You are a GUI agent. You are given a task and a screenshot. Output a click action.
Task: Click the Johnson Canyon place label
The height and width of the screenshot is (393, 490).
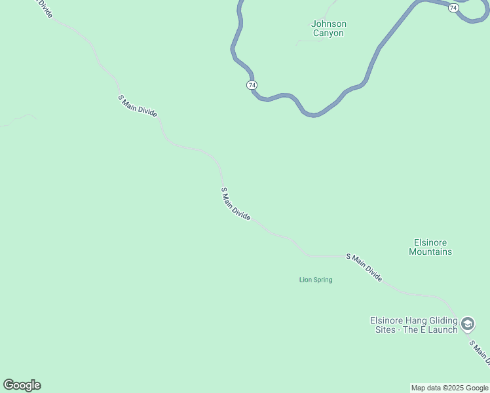click(328, 29)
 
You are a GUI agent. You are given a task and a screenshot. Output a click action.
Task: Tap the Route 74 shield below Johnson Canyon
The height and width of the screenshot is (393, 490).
click(252, 85)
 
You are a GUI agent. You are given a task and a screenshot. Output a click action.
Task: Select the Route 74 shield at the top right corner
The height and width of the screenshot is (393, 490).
click(453, 7)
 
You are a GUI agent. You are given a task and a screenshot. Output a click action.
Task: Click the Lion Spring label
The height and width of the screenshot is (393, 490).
click(316, 280)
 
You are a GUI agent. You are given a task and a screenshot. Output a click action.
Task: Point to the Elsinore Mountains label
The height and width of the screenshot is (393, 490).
click(430, 247)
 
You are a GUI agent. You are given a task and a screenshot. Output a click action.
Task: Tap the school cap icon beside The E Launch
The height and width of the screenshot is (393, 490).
click(468, 324)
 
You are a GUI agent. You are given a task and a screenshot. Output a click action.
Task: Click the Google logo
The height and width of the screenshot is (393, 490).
click(22, 385)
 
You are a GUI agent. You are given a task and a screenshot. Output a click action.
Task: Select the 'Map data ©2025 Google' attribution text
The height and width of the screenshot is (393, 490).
click(449, 388)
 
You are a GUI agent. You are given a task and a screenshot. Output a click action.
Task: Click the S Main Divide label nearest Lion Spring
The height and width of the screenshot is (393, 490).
click(364, 267)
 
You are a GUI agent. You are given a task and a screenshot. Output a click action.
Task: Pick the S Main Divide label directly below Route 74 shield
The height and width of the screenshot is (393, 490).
click(236, 204)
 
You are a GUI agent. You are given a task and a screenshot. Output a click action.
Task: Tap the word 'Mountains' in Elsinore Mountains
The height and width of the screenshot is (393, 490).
click(430, 252)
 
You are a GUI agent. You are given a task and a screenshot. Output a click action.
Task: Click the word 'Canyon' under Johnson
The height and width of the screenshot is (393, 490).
click(328, 33)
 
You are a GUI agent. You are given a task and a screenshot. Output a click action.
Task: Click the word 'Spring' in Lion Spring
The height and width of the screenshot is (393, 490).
click(322, 280)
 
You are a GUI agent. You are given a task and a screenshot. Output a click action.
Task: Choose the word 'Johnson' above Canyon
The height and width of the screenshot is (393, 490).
click(328, 24)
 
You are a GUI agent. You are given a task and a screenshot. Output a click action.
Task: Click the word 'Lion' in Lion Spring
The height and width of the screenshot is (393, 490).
click(305, 280)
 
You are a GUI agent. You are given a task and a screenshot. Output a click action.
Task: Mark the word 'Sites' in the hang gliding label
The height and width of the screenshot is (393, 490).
click(385, 329)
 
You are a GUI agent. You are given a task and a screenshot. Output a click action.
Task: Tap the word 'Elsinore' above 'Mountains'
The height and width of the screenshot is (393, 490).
click(430, 242)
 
